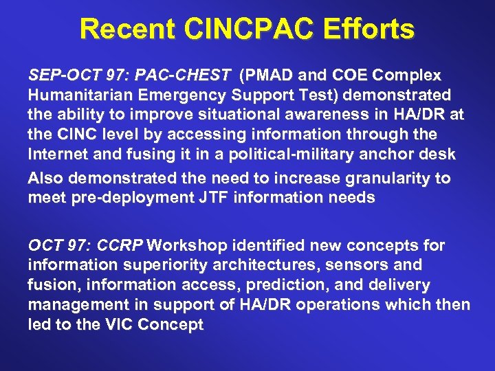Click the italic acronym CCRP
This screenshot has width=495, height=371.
(x=120, y=245)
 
